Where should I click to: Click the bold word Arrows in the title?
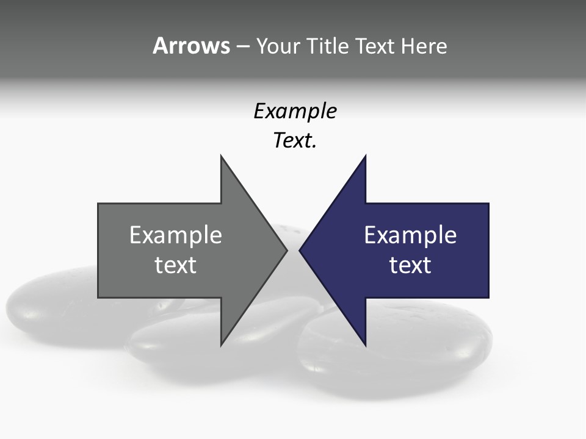[x=191, y=46]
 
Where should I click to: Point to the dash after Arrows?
[x=242, y=46]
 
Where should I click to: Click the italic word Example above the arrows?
[x=295, y=112]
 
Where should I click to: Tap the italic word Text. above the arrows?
[x=295, y=141]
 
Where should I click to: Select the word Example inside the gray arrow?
[x=176, y=235]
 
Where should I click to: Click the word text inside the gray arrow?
[x=176, y=265]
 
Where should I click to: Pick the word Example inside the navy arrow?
[x=410, y=235]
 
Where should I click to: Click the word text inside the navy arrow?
[x=410, y=265]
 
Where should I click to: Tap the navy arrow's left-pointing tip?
[x=301, y=250]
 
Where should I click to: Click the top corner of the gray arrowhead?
[x=221, y=157]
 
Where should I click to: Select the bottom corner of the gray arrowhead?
[x=221, y=344]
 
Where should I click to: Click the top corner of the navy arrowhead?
[x=365, y=157]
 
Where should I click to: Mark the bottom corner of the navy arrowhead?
[x=365, y=344]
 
